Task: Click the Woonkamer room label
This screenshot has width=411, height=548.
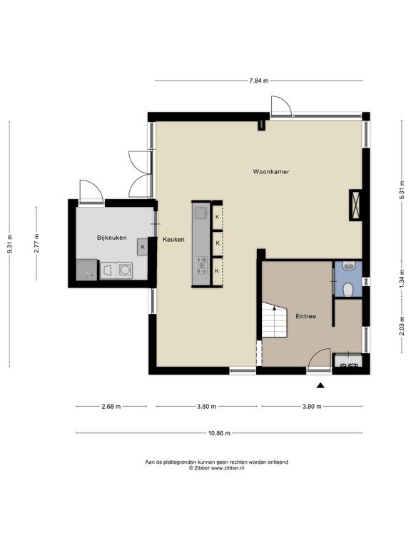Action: click(x=271, y=171)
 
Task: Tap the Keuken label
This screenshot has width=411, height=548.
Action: click(x=173, y=240)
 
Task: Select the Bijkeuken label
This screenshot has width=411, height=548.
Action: click(x=112, y=238)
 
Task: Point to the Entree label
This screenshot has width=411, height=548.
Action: click(x=306, y=316)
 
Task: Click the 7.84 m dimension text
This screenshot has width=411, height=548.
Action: click(x=258, y=81)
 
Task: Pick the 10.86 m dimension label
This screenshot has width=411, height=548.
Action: click(x=219, y=433)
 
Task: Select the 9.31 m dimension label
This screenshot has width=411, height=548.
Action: click(x=10, y=243)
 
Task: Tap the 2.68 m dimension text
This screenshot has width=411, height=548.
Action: click(x=111, y=407)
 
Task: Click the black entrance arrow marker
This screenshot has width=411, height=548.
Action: click(x=320, y=385)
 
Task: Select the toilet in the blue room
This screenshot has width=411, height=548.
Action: click(x=347, y=290)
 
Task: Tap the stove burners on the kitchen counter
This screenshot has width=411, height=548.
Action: click(x=201, y=265)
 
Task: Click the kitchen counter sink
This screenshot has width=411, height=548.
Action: click(x=201, y=213)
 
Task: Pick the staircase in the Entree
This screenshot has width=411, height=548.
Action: click(x=274, y=320)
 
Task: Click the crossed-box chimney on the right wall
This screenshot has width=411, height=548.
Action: click(x=355, y=205)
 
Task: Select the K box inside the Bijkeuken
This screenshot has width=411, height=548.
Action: click(x=143, y=247)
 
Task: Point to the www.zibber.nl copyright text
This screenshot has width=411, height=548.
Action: click(x=217, y=468)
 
